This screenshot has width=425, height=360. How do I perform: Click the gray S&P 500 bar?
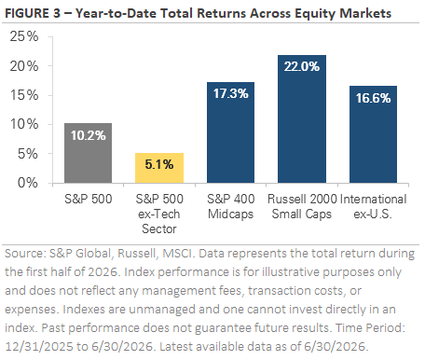[x=88, y=153]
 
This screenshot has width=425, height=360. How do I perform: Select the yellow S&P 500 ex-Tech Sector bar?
[x=159, y=168]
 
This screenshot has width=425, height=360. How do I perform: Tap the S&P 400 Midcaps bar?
[x=230, y=132]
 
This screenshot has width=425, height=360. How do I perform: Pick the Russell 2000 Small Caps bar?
[x=302, y=119]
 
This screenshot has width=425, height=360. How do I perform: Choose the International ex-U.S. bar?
[x=373, y=134]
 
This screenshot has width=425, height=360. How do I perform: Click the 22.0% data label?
[x=302, y=66]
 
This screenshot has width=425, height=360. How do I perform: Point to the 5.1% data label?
[x=159, y=164]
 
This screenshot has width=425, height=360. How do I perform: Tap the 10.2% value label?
[x=89, y=135]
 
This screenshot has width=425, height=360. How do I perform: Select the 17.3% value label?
[x=231, y=93]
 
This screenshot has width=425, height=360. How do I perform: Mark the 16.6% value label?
[x=373, y=98]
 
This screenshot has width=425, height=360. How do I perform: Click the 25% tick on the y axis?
[x=24, y=36]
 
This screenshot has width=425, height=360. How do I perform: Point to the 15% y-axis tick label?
[x=24, y=95]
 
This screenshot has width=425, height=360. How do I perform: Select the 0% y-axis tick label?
[x=28, y=183]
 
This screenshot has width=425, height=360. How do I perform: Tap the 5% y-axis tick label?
[x=28, y=154]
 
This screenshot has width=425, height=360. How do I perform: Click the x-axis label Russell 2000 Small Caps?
[x=302, y=206]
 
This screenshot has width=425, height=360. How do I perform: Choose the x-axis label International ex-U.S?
[x=373, y=206]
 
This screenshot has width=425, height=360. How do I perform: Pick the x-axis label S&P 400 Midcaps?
[x=231, y=206]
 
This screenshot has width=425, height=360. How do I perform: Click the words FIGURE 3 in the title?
[x=33, y=13]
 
